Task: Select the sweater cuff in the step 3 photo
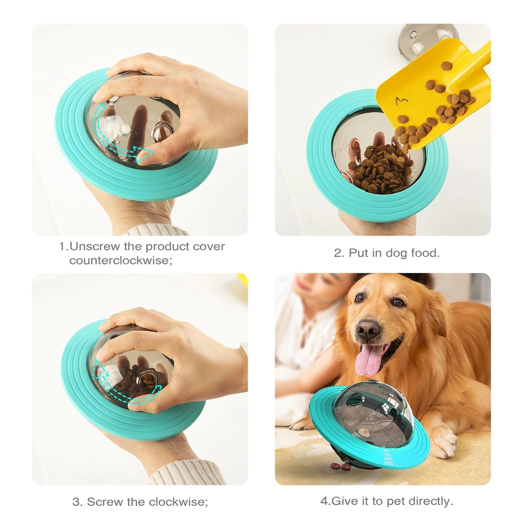(x=184, y=473)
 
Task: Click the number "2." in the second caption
(x=339, y=253)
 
